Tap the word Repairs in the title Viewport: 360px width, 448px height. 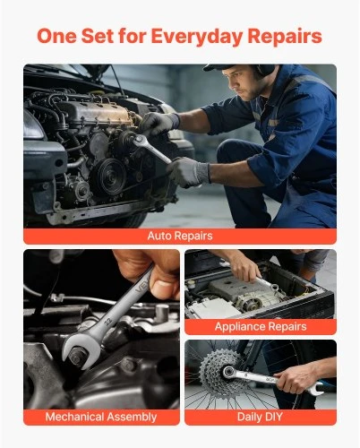(285, 37)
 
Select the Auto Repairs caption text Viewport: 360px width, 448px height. (180, 236)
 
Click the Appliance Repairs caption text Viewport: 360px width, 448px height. (261, 326)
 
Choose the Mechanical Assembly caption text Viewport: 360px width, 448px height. (101, 417)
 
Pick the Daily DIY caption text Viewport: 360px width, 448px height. (260, 417)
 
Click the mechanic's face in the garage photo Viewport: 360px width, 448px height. (239, 82)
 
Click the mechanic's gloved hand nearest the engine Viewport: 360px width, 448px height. (159, 124)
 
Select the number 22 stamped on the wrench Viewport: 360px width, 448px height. (107, 322)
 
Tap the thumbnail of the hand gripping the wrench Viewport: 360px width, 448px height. (162, 289)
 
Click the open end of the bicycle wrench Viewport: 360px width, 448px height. (316, 389)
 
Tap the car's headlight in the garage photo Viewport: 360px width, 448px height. (33, 125)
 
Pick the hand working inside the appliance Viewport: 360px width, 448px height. (244, 266)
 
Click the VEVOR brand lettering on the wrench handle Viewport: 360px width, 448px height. (141, 288)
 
